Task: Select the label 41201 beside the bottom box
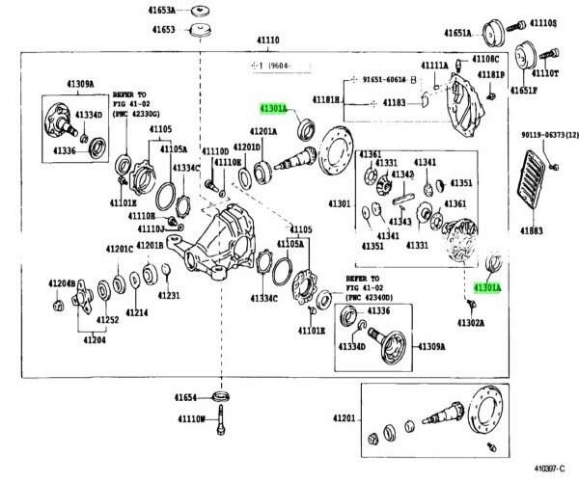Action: pos(345,418)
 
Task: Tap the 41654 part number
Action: pos(186,397)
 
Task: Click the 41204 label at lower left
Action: pos(94,338)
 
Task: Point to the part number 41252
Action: pos(107,320)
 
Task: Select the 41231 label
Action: pos(170,295)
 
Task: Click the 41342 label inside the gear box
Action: pos(402,174)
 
